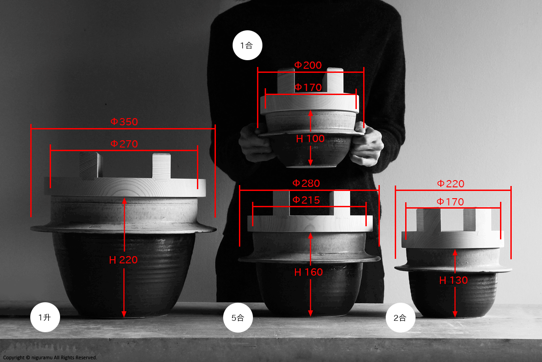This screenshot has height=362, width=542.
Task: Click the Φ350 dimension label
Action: pyautogui.click(x=124, y=122)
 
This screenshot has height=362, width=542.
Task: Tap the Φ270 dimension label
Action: pyautogui.click(x=124, y=144)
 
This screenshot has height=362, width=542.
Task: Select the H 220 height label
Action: pyautogui.click(x=123, y=260)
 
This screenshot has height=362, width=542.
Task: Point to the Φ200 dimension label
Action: pyautogui.click(x=308, y=65)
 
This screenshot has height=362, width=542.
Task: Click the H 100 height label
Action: pyautogui.click(x=310, y=138)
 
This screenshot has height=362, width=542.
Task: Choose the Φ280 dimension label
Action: pyautogui.click(x=306, y=183)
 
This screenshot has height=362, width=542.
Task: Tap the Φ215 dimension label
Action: pyautogui.click(x=306, y=200)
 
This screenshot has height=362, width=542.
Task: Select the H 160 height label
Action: pyautogui.click(x=308, y=272)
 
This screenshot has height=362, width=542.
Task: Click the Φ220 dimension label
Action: pyautogui.click(x=451, y=184)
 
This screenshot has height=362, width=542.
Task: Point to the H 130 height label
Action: pyautogui.click(x=453, y=281)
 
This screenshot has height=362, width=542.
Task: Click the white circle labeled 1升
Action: pyautogui.click(x=45, y=317)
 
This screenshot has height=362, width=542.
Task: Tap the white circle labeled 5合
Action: pyautogui.click(x=238, y=318)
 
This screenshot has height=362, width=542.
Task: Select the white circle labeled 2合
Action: pyautogui.click(x=401, y=318)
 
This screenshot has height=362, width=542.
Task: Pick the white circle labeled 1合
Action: pyautogui.click(x=248, y=45)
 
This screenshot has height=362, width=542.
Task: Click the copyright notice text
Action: pyautogui.click(x=50, y=357)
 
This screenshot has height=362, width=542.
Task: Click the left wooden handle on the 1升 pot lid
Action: pyautogui.click(x=91, y=166)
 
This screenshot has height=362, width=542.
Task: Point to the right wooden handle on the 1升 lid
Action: pyautogui.click(x=161, y=167)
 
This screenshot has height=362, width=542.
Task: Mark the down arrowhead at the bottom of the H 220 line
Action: pyautogui.click(x=124, y=314)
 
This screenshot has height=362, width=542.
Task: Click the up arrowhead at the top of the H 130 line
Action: pyautogui.click(x=455, y=252)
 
